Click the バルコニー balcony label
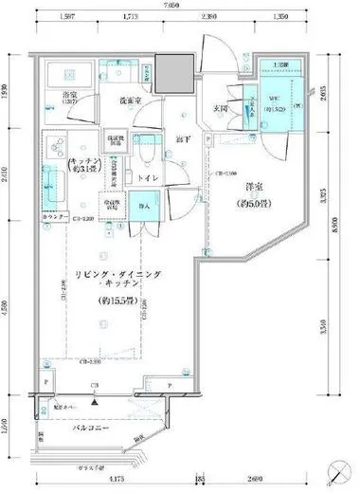point(94,428)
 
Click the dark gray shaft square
point(171,72)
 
